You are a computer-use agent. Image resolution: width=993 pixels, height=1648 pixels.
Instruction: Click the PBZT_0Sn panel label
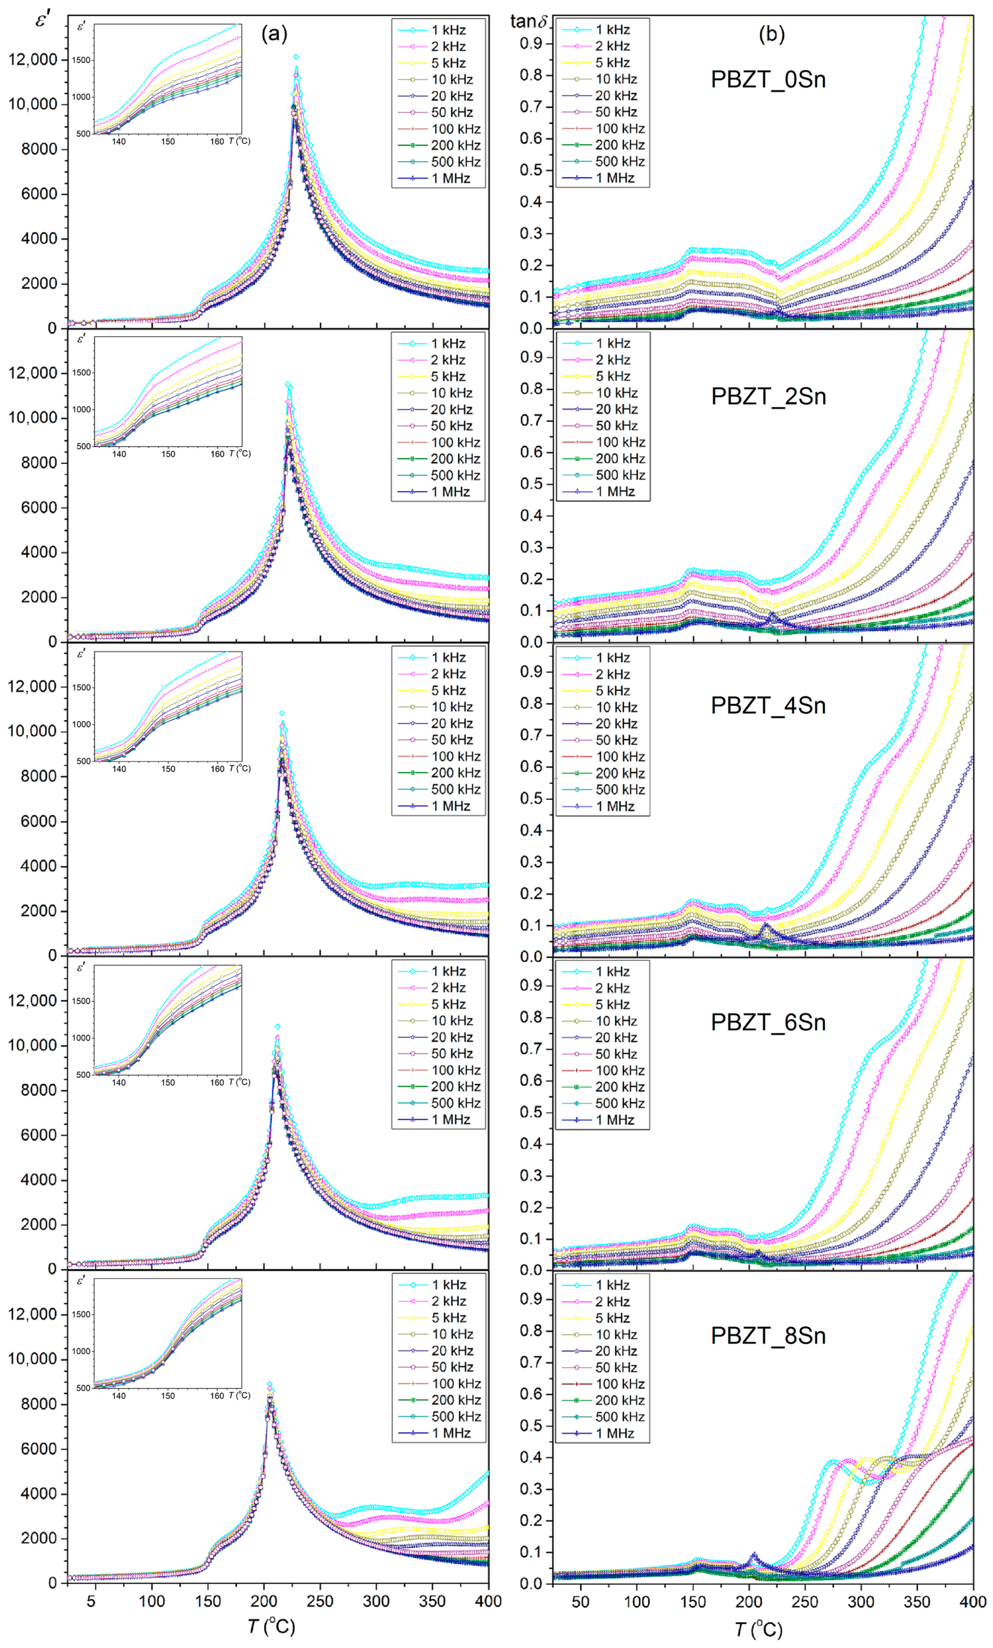[767, 79]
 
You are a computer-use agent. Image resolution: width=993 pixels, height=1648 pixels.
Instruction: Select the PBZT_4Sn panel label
[767, 705]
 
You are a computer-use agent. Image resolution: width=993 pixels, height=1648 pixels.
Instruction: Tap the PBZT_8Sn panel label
[767, 1336]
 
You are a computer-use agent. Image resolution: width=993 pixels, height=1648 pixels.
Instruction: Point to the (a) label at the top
[274, 33]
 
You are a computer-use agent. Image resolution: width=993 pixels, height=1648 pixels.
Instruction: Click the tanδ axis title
[528, 21]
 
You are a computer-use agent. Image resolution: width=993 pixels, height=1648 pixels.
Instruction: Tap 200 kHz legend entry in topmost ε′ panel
[455, 145]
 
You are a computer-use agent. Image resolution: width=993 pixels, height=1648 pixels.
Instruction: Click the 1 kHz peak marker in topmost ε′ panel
[296, 57]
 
